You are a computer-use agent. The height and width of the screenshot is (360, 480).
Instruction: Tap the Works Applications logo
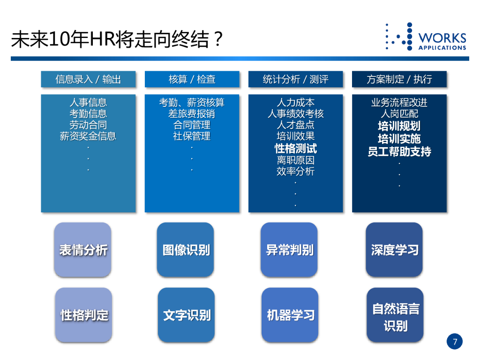pyautogui.click(x=426, y=37)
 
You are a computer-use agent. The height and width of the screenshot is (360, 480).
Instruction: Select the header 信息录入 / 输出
pyautogui.click(x=88, y=79)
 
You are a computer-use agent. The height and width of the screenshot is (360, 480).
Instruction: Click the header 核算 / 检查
pyautogui.click(x=192, y=79)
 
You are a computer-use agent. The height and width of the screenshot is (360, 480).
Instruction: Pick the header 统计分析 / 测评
pyautogui.click(x=295, y=79)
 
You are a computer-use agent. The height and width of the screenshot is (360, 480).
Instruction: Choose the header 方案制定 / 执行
pyautogui.click(x=399, y=79)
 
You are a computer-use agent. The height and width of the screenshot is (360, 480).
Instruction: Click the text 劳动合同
pyautogui.click(x=88, y=125)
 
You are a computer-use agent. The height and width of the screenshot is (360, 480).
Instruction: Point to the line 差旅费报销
pyautogui.click(x=192, y=114)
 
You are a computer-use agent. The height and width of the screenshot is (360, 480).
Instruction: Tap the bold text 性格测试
pyautogui.click(x=295, y=149)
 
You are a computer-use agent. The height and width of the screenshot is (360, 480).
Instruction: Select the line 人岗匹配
pyautogui.click(x=399, y=114)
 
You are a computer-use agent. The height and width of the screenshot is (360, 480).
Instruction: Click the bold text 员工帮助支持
pyautogui.click(x=399, y=152)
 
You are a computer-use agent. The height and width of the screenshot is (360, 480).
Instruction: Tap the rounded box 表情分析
pyautogui.click(x=83, y=250)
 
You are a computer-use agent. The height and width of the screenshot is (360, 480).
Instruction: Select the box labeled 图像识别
pyautogui.click(x=186, y=250)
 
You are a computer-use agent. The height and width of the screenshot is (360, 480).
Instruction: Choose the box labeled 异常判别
pyautogui.click(x=290, y=250)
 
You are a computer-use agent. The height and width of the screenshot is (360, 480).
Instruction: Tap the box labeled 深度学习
pyautogui.click(x=394, y=250)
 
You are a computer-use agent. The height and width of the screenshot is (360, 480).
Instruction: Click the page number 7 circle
pyautogui.click(x=454, y=341)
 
